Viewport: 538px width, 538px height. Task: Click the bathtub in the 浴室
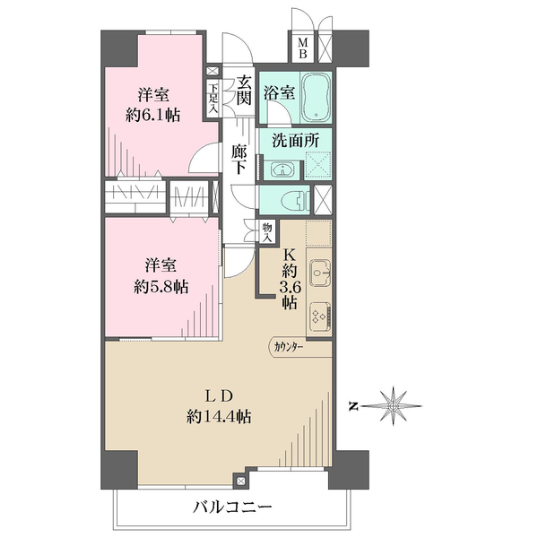316,98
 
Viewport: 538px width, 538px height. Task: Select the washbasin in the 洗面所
281,169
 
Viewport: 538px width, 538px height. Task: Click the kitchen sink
320,273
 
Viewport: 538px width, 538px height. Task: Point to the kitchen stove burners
320,316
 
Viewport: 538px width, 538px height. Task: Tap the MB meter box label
303,48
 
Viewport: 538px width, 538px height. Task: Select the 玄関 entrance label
244,91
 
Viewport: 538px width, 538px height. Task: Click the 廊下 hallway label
239,160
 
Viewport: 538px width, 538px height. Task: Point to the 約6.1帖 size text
153,116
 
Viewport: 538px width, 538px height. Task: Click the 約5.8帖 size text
161,287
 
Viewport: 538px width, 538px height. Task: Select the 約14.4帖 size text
219,417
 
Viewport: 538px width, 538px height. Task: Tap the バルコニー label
232,507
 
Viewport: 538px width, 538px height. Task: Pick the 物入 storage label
267,232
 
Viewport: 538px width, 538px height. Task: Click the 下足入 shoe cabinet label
213,100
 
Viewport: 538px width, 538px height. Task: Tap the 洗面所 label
295,141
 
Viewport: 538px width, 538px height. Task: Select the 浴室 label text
279,92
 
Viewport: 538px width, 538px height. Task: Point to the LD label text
220,396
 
